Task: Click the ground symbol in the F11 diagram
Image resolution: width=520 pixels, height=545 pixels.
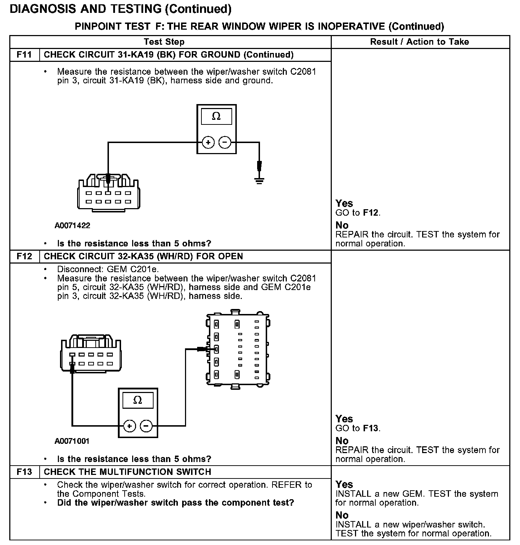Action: click(259, 180)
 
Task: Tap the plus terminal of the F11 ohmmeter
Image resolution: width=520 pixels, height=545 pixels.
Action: click(208, 142)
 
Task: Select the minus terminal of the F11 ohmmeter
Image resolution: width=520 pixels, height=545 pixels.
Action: click(225, 142)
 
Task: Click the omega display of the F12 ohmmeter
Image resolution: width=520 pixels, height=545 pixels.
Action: click(137, 400)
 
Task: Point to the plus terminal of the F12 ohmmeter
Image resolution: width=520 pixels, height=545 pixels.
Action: click(129, 426)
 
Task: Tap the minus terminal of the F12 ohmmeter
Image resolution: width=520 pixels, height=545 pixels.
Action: click(146, 426)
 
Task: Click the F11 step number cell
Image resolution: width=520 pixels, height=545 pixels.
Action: click(24, 55)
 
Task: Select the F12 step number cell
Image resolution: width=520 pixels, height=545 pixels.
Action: click(24, 256)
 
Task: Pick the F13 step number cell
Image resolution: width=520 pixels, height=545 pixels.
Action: click(24, 472)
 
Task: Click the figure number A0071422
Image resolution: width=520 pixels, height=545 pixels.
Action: click(72, 226)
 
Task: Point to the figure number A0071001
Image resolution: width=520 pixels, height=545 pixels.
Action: click(72, 441)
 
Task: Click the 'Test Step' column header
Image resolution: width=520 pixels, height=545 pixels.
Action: click(164, 42)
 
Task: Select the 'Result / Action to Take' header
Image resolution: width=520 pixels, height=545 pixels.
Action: click(420, 42)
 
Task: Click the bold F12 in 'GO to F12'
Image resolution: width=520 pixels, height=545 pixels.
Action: click(370, 213)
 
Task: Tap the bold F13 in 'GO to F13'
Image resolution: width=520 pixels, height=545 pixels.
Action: click(370, 428)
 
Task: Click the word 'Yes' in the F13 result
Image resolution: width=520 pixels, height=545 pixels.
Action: click(344, 485)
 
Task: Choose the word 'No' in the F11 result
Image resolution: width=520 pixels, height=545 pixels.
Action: click(342, 225)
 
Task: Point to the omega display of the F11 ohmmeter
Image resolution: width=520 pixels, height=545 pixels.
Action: click(216, 117)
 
